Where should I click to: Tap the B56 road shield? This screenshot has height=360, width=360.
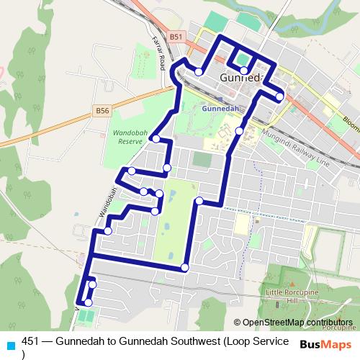(103, 110)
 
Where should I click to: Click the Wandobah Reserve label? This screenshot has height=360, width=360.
(129, 138)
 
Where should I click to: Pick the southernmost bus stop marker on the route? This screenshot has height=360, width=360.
(88, 302)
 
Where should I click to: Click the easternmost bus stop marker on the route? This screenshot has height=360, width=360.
(279, 94)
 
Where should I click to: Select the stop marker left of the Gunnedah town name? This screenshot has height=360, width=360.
(198, 71)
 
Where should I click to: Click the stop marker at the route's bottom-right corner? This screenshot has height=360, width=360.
(185, 268)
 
